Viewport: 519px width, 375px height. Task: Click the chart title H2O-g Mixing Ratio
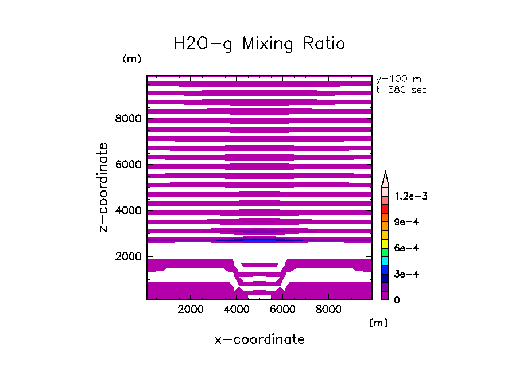tap(259, 44)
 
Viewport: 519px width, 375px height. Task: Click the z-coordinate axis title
tap(104, 187)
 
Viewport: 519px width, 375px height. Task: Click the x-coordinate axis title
tap(259, 339)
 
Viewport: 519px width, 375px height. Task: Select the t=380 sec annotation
tap(401, 89)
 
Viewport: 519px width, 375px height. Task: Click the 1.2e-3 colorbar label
tap(410, 196)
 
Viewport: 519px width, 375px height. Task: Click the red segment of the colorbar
tap(385, 209)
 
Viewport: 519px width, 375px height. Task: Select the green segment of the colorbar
tap(385, 252)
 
